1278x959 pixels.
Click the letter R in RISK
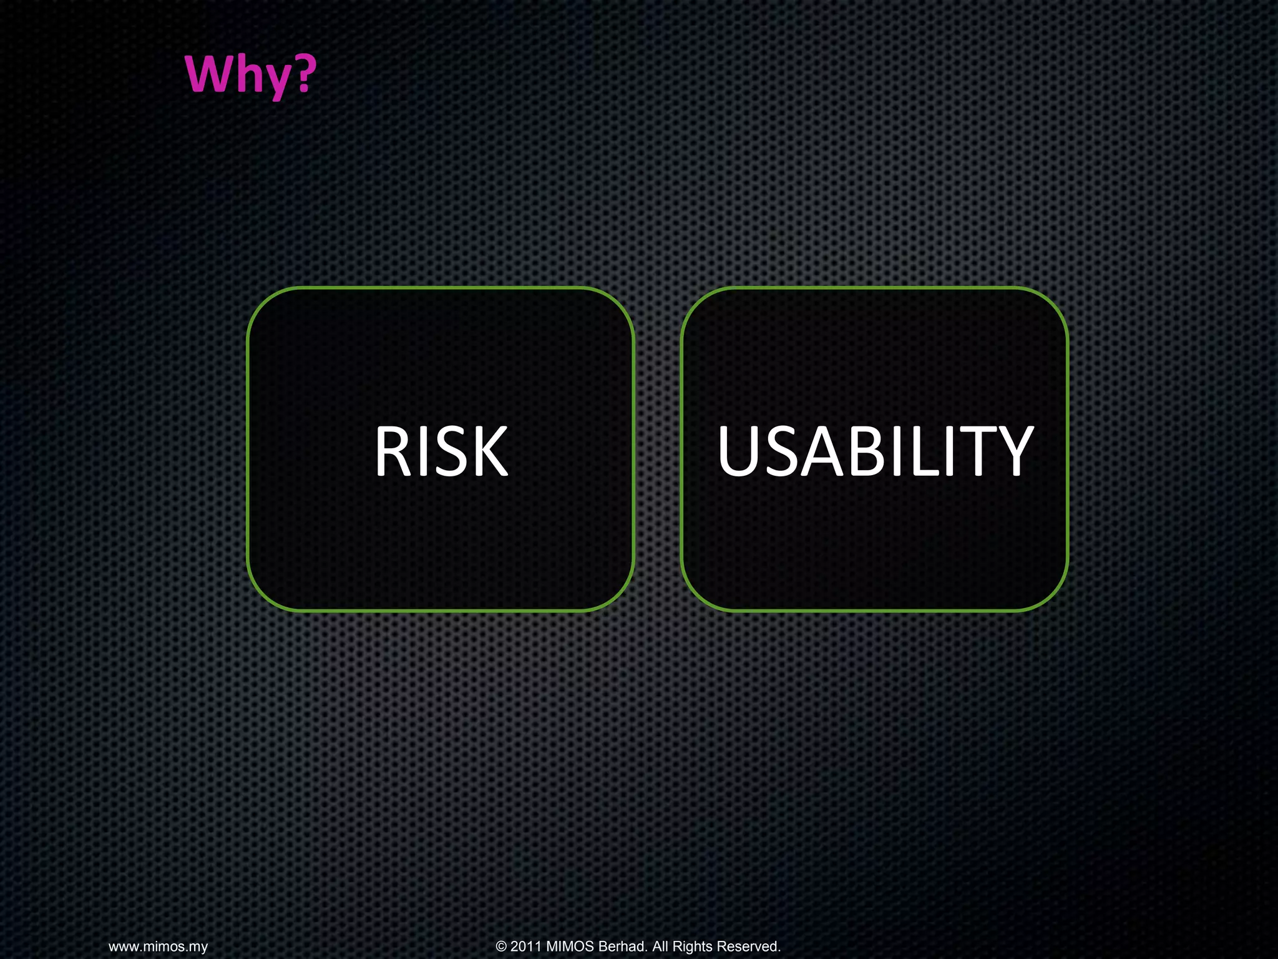pyautogui.click(x=391, y=451)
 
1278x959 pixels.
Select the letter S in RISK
pyautogui.click(x=448, y=451)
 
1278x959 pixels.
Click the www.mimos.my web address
pyautogui.click(x=158, y=947)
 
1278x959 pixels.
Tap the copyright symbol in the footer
pyautogui.click(x=501, y=947)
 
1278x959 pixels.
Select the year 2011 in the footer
pyautogui.click(x=526, y=947)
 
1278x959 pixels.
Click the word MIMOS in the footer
pyautogui.click(x=570, y=947)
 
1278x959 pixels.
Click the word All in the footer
pyautogui.click(x=660, y=947)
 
